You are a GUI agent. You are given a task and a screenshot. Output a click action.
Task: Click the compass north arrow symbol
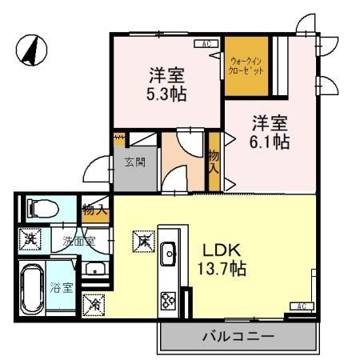31,50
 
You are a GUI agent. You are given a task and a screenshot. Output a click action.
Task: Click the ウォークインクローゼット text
246,65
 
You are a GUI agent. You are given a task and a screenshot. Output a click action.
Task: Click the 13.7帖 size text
221,268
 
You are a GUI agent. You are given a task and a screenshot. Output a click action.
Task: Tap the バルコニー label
238,337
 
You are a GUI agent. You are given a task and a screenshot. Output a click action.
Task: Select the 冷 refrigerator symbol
94,304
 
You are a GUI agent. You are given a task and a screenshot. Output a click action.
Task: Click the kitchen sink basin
170,256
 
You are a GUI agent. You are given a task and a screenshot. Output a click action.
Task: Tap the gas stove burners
170,301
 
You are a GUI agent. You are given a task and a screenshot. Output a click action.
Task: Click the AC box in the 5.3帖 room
206,44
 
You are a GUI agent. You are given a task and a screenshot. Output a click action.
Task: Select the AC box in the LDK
302,306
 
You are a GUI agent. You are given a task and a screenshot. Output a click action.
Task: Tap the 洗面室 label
80,240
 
